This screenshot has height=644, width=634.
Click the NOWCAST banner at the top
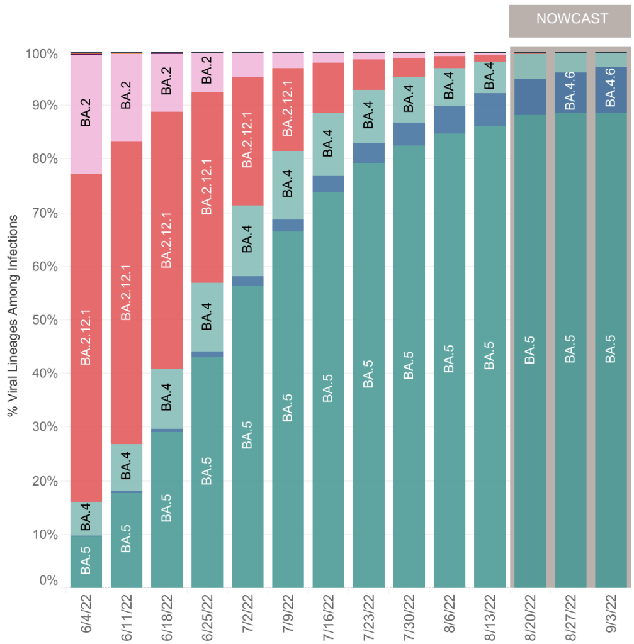pyautogui.click(x=572, y=19)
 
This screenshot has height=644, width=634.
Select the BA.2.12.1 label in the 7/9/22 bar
pyautogui.click(x=288, y=109)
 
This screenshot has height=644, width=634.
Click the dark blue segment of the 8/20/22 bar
pyautogui.click(x=530, y=97)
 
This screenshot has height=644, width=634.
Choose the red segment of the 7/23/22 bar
pyautogui.click(x=369, y=74)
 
